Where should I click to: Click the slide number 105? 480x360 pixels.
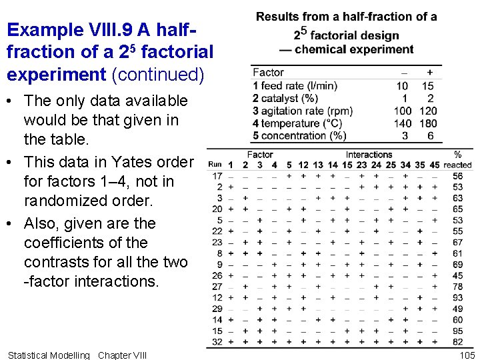pos(467,355)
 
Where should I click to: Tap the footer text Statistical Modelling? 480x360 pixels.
pos(47,355)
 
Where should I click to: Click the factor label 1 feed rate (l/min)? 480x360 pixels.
pos(295,85)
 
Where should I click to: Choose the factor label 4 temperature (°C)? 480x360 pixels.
pos(297,123)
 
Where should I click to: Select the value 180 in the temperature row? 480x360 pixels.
pos(429,123)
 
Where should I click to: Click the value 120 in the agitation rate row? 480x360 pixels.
pos(429,111)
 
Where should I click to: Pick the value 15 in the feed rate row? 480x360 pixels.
pos(429,85)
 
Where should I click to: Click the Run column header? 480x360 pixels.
pos(215,165)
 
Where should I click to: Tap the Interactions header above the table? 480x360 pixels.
pos(369,155)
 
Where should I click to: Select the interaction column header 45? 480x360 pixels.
pos(435,165)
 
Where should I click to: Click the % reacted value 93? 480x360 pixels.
pos(457,297)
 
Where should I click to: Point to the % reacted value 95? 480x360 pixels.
pos(457,331)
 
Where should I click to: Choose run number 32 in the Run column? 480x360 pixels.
pos(217,341)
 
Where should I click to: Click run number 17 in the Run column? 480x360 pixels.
pos(217,176)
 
